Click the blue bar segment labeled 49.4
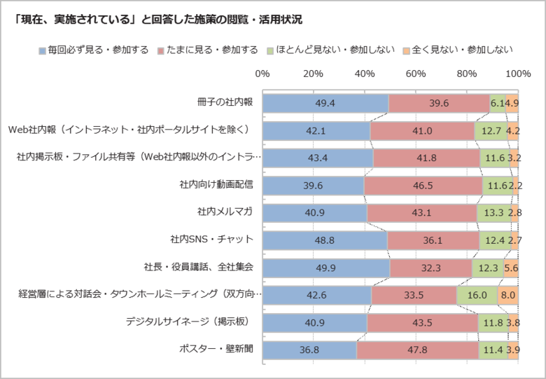click(325, 103)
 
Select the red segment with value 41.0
click(422, 130)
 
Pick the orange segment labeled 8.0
click(508, 295)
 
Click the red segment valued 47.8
click(418, 350)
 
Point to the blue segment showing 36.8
click(309, 350)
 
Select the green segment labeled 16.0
click(477, 295)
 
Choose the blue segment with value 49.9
click(325, 268)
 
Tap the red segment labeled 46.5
click(423, 185)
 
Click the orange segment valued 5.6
click(511, 268)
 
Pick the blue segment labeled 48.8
click(324, 240)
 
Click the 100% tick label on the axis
click(518, 73)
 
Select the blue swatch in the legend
click(43, 50)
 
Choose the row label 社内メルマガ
click(225, 212)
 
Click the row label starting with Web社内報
click(133, 130)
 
